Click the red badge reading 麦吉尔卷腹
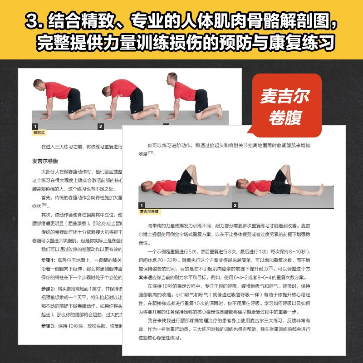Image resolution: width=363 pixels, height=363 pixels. coord(285,106)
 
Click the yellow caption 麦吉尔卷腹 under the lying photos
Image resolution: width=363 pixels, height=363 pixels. coord(149,212)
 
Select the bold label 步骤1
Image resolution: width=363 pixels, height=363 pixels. coord(49,260)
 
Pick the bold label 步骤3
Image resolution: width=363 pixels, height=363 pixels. coord(49,326)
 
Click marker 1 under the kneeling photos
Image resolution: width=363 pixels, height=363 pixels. coord(34,126)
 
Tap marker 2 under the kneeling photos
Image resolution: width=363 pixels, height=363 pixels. coord(100,126)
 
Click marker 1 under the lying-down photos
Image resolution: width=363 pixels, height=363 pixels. coord(142,205)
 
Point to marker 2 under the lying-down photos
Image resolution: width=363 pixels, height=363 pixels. coord(235,205)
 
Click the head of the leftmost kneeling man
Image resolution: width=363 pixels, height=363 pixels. coord(38,85)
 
